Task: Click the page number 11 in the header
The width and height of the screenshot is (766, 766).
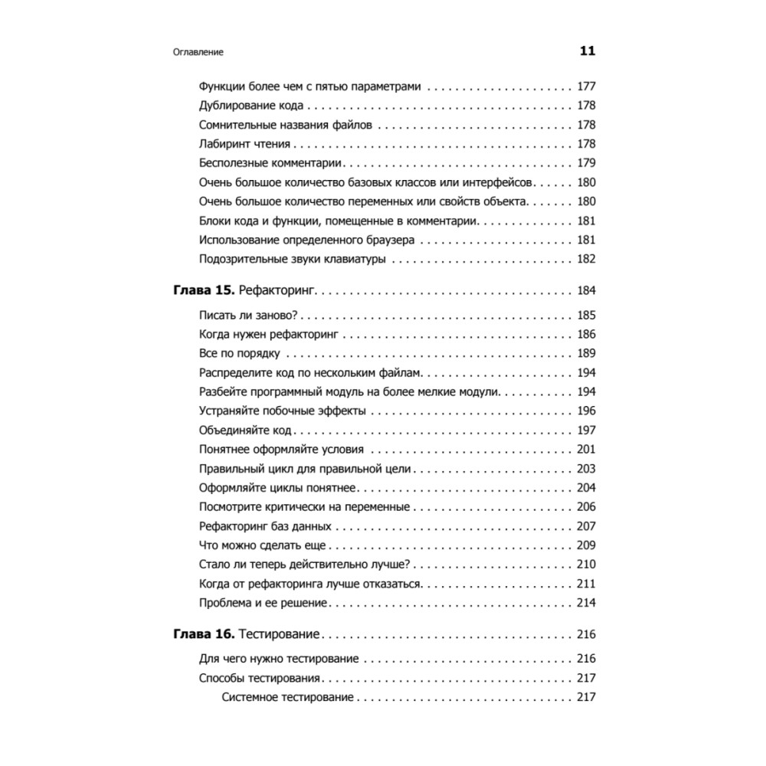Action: click(587, 52)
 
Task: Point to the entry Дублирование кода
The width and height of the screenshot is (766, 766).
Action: click(250, 106)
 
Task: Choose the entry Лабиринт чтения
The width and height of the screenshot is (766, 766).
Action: click(244, 144)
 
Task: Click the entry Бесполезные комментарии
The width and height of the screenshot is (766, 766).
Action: click(270, 163)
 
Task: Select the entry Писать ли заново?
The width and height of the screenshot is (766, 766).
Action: click(248, 316)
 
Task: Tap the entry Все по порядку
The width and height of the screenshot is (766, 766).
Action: click(239, 354)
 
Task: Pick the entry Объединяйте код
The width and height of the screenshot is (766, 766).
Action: click(247, 430)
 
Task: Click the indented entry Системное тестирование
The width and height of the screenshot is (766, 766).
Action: click(287, 697)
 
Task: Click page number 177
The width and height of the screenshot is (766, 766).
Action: click(586, 87)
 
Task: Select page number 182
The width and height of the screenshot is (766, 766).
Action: click(586, 259)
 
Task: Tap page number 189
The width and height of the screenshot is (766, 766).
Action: click(586, 354)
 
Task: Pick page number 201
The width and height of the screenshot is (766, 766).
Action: click(586, 450)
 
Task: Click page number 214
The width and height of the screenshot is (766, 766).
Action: click(586, 603)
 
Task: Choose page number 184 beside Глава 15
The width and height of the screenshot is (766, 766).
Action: click(586, 291)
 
